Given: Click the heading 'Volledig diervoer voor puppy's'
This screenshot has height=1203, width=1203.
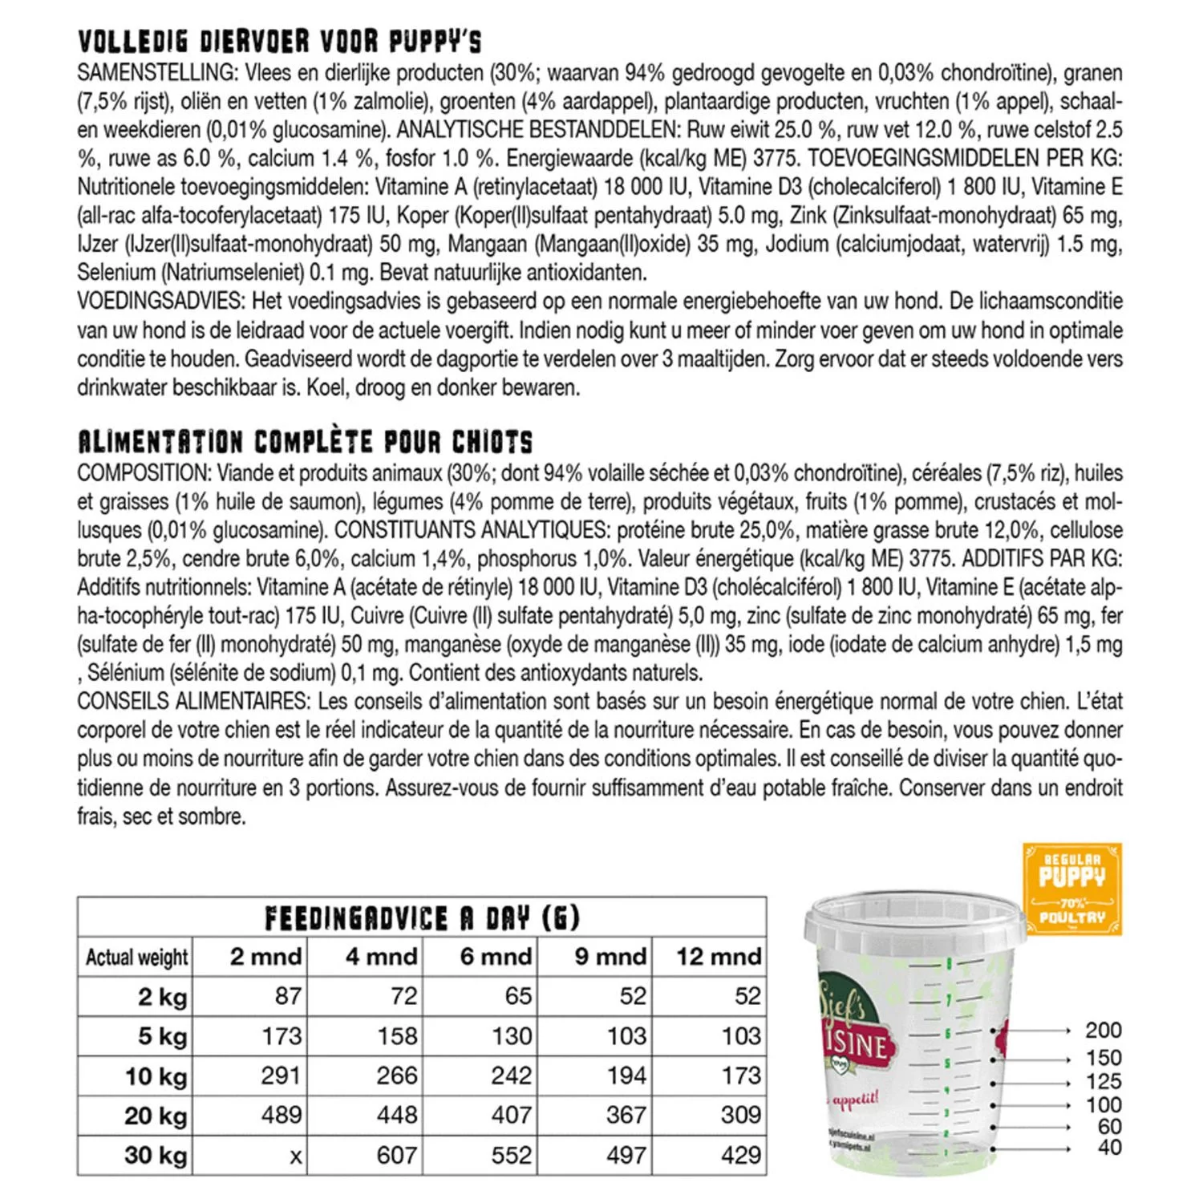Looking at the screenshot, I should pos(280,41).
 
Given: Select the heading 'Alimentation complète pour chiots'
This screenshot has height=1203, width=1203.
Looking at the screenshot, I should pos(305,442).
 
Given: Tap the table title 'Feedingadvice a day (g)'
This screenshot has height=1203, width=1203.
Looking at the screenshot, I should pos(422,917).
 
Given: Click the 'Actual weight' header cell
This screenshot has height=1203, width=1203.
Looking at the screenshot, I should pos(136,958).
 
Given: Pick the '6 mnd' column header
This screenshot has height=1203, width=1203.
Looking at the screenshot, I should pos(496,957).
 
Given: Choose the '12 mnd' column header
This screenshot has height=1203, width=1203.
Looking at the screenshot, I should pos(718,957).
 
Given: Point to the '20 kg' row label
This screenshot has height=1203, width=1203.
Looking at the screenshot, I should pos(156,1116).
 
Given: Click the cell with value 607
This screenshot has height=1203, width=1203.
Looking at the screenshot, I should pos(397,1156).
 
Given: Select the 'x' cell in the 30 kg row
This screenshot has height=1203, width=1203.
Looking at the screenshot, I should pos(296,1156).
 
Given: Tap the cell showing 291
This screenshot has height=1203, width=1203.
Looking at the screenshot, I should pos(280,1075).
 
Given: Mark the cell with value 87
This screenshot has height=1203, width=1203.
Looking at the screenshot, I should pos(287,996).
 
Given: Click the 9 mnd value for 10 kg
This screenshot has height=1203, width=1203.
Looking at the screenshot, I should pos(626,1075).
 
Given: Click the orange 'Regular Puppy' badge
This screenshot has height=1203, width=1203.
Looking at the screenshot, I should pos(1072,889).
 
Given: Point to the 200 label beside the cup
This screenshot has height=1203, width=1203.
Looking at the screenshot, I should pos(1103,1031).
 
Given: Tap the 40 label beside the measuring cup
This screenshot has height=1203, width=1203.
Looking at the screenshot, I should pos(1109,1148).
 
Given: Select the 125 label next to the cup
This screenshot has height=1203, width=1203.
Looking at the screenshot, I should pos(1103,1081).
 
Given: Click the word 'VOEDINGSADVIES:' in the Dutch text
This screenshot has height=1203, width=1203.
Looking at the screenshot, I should pos(160,302).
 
